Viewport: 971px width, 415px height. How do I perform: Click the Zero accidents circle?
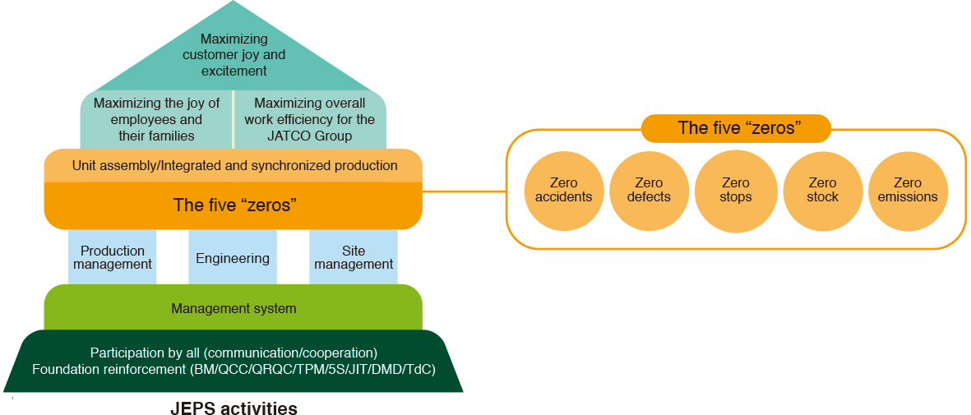tap(563, 190)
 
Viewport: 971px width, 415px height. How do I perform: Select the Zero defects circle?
tap(649, 190)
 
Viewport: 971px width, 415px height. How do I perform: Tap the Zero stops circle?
tap(736, 190)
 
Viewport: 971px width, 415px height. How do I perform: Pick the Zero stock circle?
tap(822, 190)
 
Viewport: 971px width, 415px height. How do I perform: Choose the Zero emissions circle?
tap(908, 190)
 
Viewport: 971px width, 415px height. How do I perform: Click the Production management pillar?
tap(113, 257)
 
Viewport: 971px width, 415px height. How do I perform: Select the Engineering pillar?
tap(233, 258)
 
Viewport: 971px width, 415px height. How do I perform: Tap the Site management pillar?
tap(354, 257)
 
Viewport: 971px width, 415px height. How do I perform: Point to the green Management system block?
tap(234, 308)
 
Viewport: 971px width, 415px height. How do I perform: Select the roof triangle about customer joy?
tap(234, 54)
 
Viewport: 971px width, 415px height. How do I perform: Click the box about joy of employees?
tap(157, 120)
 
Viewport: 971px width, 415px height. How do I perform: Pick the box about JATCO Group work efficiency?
tap(310, 120)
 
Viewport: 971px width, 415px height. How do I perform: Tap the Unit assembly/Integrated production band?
tap(234, 165)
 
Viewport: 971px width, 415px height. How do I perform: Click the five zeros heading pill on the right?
tap(736, 128)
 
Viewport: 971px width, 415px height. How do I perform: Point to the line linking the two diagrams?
tap(465, 192)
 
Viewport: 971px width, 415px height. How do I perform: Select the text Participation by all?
tap(146, 353)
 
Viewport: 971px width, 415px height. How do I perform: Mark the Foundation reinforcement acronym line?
tap(234, 369)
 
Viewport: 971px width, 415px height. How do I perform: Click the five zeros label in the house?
tap(234, 205)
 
